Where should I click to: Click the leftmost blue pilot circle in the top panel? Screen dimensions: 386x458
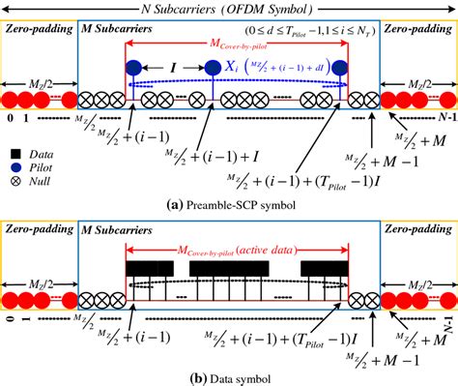coord(134,69)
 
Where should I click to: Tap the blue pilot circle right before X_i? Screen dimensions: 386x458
coord(213,69)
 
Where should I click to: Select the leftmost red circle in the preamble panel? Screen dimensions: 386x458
coord(10,100)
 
